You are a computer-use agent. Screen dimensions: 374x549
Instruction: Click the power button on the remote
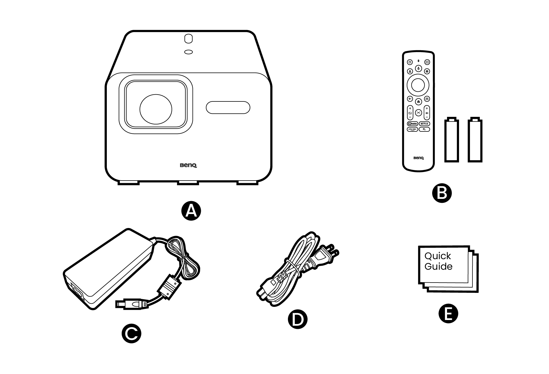(410, 62)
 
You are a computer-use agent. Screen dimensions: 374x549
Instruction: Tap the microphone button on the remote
(418, 68)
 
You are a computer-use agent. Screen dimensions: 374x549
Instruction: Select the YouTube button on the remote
(412, 124)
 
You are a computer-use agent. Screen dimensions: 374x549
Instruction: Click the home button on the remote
(418, 101)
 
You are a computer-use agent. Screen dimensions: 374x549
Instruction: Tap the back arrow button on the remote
(410, 99)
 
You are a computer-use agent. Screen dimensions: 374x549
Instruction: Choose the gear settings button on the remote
(427, 71)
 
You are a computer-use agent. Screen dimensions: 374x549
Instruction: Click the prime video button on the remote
(412, 129)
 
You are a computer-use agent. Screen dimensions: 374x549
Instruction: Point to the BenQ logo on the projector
(188, 165)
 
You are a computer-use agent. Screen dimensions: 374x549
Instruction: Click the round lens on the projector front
(156, 109)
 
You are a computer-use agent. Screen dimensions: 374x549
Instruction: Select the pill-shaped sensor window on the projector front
(228, 107)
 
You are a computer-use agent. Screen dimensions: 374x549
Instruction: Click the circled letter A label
(191, 211)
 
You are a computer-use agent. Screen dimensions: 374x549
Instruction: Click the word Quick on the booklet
(437, 256)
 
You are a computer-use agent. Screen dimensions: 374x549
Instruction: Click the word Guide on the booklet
(438, 267)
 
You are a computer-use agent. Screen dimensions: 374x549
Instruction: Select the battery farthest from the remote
(475, 140)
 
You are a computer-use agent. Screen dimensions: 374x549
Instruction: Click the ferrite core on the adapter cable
(170, 287)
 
